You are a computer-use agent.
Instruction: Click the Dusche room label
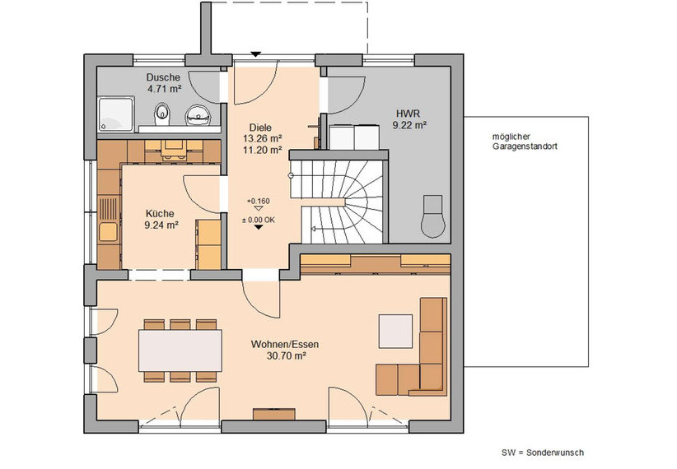pos(163,77)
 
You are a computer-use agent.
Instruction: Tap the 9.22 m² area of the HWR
pos(409,126)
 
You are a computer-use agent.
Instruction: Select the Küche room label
pos(160,214)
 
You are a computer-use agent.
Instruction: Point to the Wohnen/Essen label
pos(285,344)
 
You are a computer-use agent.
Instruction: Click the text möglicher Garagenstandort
pos(525,142)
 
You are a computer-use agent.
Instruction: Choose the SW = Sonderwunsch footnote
pos(543,453)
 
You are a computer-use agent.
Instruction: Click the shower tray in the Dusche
pos(116,114)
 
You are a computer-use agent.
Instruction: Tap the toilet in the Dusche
pos(162,114)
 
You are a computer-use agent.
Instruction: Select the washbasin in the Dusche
pos(198,115)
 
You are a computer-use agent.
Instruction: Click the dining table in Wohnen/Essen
pos(180,351)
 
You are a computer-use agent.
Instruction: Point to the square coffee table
pos(395,332)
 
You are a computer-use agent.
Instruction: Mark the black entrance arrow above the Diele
pos(256,54)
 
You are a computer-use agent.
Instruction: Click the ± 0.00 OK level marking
pos(258,220)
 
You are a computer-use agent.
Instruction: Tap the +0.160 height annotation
pos(258,201)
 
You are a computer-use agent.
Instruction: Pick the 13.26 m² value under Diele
pos(263,138)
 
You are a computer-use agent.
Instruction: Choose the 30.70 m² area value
pos(286,356)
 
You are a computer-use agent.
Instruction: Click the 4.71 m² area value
pos(164,89)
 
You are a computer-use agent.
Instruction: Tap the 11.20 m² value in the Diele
pos(263,150)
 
